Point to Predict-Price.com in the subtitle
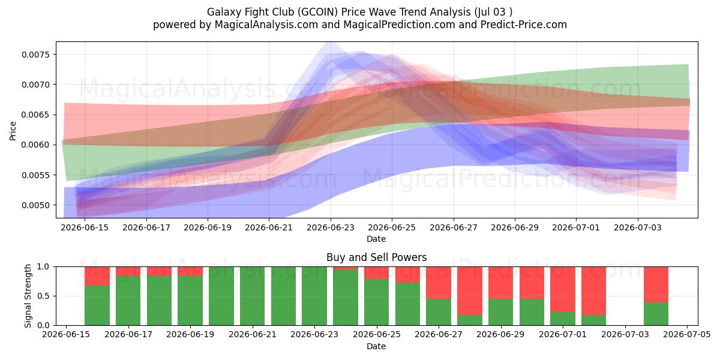point(524,25)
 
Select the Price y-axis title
point(13,131)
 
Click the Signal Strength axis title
point(28,296)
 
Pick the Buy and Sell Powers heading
point(376,257)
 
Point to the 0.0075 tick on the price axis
point(36,55)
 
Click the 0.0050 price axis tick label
point(36,205)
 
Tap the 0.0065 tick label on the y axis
point(36,115)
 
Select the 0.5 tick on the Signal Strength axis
point(43,296)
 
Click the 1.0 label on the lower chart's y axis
point(43,267)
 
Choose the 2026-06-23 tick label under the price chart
point(331,227)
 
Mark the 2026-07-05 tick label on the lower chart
point(687,335)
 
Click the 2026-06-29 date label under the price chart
point(515,227)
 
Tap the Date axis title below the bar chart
point(376,346)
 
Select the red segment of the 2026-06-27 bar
point(439,283)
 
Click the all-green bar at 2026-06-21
point(253,296)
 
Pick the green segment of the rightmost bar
point(656,314)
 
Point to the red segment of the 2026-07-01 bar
point(563,289)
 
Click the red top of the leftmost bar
point(97,276)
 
